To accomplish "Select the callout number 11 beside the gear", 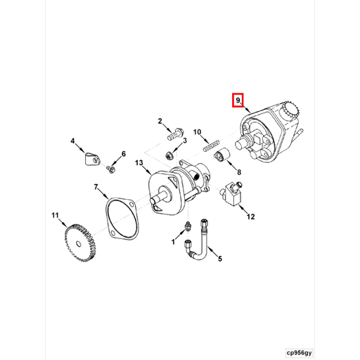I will coord(55,214).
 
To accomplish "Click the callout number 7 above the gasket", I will coord(96,186).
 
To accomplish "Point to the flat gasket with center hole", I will coord(124,214).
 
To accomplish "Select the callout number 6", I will coord(123,154).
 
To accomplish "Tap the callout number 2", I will coord(160,122).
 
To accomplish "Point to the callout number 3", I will coord(184,141).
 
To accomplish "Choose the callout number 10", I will coord(198,131).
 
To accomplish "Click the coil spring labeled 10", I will coord(209,146).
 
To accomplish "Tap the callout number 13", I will coord(139,163).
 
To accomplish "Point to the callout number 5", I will coord(219,259).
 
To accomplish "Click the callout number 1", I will coord(172,242).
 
